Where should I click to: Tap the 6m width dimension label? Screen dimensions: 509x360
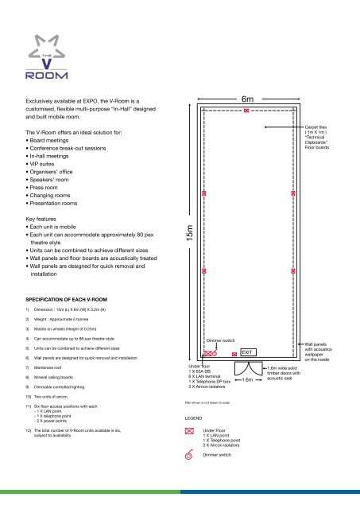[x=247, y=99]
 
